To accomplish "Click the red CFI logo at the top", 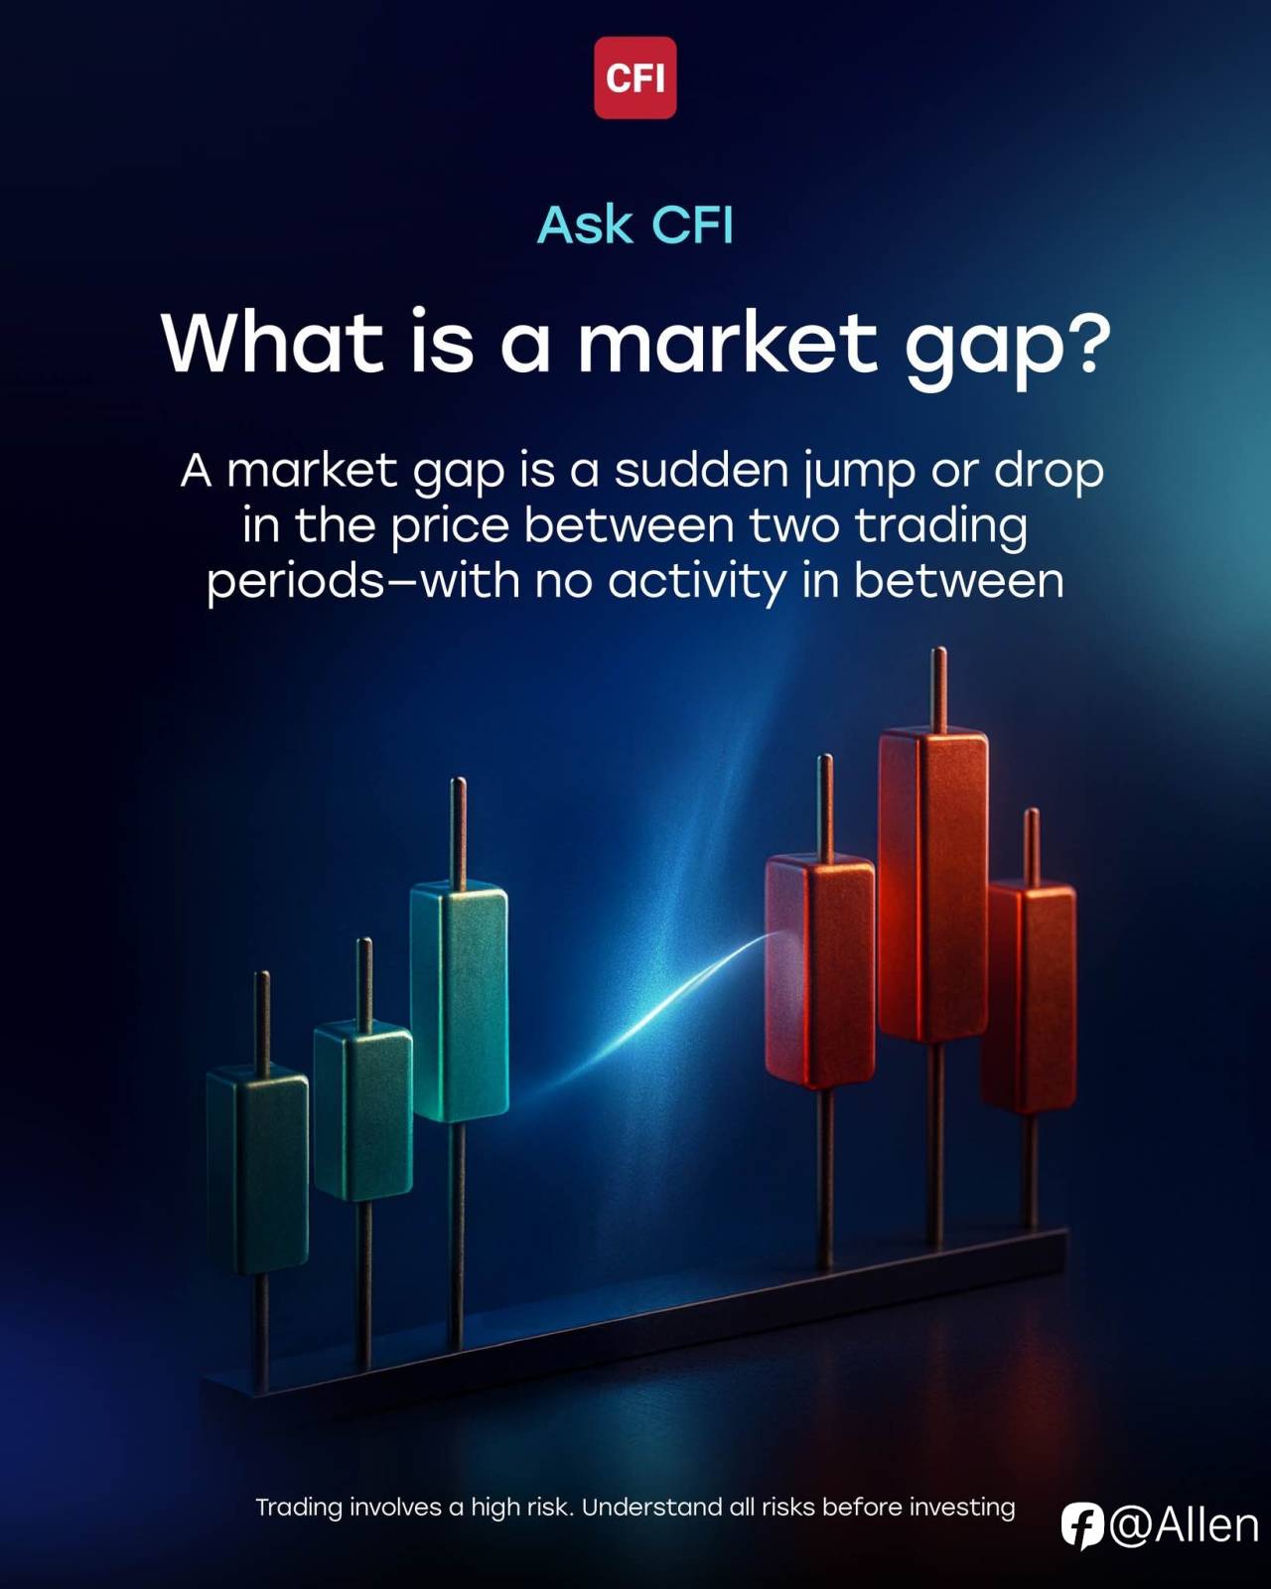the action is pos(635,77).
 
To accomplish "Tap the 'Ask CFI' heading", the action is pos(635,224).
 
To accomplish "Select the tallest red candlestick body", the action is pos(932,884).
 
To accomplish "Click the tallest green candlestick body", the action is pos(459,1001).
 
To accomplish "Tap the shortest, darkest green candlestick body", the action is pos(257,1170).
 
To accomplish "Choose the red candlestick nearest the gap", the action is pos(820,970).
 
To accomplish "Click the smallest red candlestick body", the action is pos(1028,997).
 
